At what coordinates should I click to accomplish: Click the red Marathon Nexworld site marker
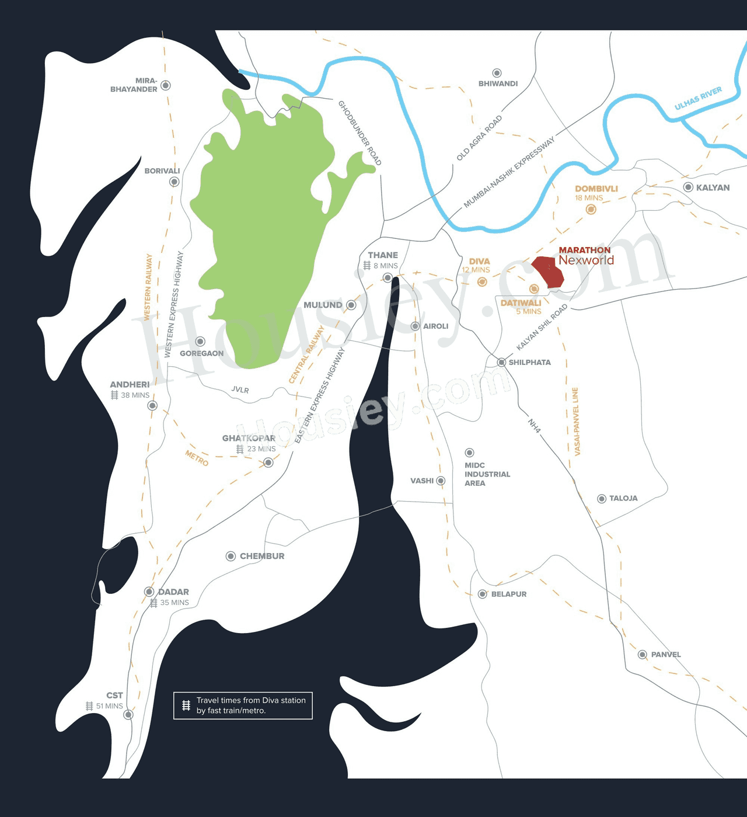point(547,272)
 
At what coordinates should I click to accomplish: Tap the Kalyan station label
point(713,187)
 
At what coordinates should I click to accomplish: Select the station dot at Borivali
point(174,182)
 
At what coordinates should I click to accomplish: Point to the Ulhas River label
point(698,98)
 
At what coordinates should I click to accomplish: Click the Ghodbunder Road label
point(359,133)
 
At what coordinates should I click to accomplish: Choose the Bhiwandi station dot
point(497,73)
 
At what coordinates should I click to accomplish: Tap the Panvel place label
point(666,655)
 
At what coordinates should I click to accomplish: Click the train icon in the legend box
point(186,705)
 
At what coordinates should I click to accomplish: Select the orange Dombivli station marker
point(591,209)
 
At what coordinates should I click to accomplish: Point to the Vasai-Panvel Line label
point(576,421)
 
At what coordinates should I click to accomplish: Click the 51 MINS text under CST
point(110,706)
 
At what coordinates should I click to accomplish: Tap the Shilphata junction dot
point(501,363)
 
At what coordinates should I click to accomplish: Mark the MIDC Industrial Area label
point(487,474)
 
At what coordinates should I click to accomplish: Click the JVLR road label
point(240,390)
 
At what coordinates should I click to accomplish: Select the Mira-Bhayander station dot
point(166,85)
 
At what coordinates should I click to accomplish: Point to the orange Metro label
point(197,458)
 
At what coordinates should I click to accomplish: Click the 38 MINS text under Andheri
point(135,395)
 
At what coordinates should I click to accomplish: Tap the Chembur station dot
point(231,556)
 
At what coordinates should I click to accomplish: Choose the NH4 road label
point(534,426)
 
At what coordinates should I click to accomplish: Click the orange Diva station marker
point(482,282)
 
